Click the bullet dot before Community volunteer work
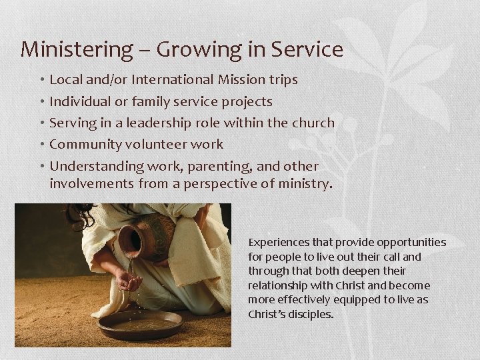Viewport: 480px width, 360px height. tap(41, 145)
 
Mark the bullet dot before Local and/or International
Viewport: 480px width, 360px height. tap(41, 80)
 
